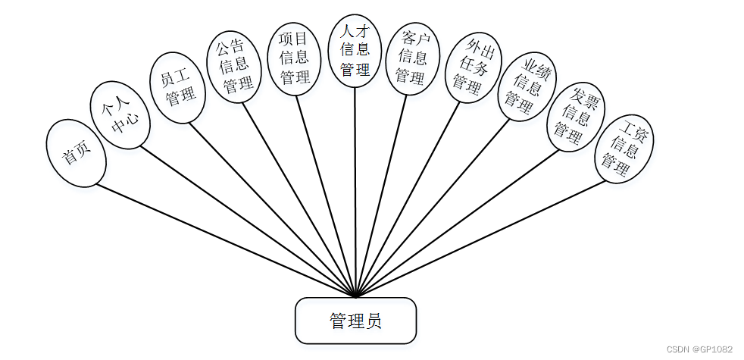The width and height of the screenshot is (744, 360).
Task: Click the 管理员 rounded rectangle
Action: pyautogui.click(x=355, y=321)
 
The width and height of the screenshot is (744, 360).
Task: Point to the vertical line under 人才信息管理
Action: pyautogui.click(x=355, y=189)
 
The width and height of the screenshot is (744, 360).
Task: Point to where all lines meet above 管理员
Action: pyautogui.click(x=355, y=296)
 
